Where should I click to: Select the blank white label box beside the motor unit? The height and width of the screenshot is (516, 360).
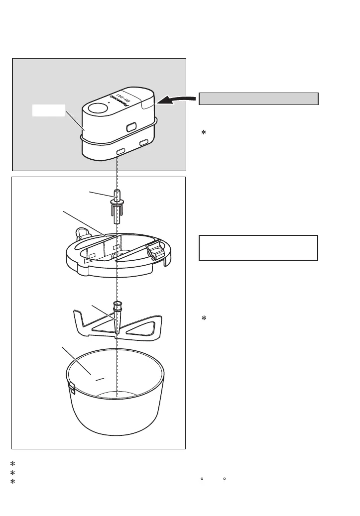(49, 110)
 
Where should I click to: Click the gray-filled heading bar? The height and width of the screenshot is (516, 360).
(258, 99)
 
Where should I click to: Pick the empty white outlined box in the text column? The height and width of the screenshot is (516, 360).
(258, 248)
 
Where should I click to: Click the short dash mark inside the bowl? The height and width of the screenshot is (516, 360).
(100, 379)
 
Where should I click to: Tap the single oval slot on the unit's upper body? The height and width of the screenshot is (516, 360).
(132, 127)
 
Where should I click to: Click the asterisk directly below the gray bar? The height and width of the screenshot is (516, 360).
(203, 134)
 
